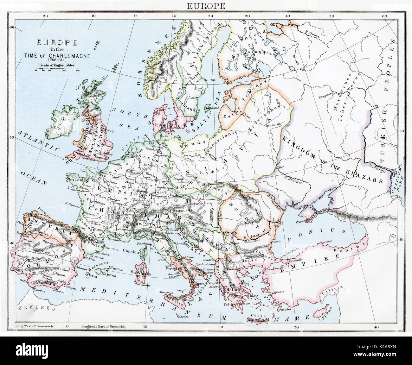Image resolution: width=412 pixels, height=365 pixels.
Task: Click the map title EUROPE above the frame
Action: (x=206, y=6)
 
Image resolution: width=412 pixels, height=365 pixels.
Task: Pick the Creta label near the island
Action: (x=257, y=316)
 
